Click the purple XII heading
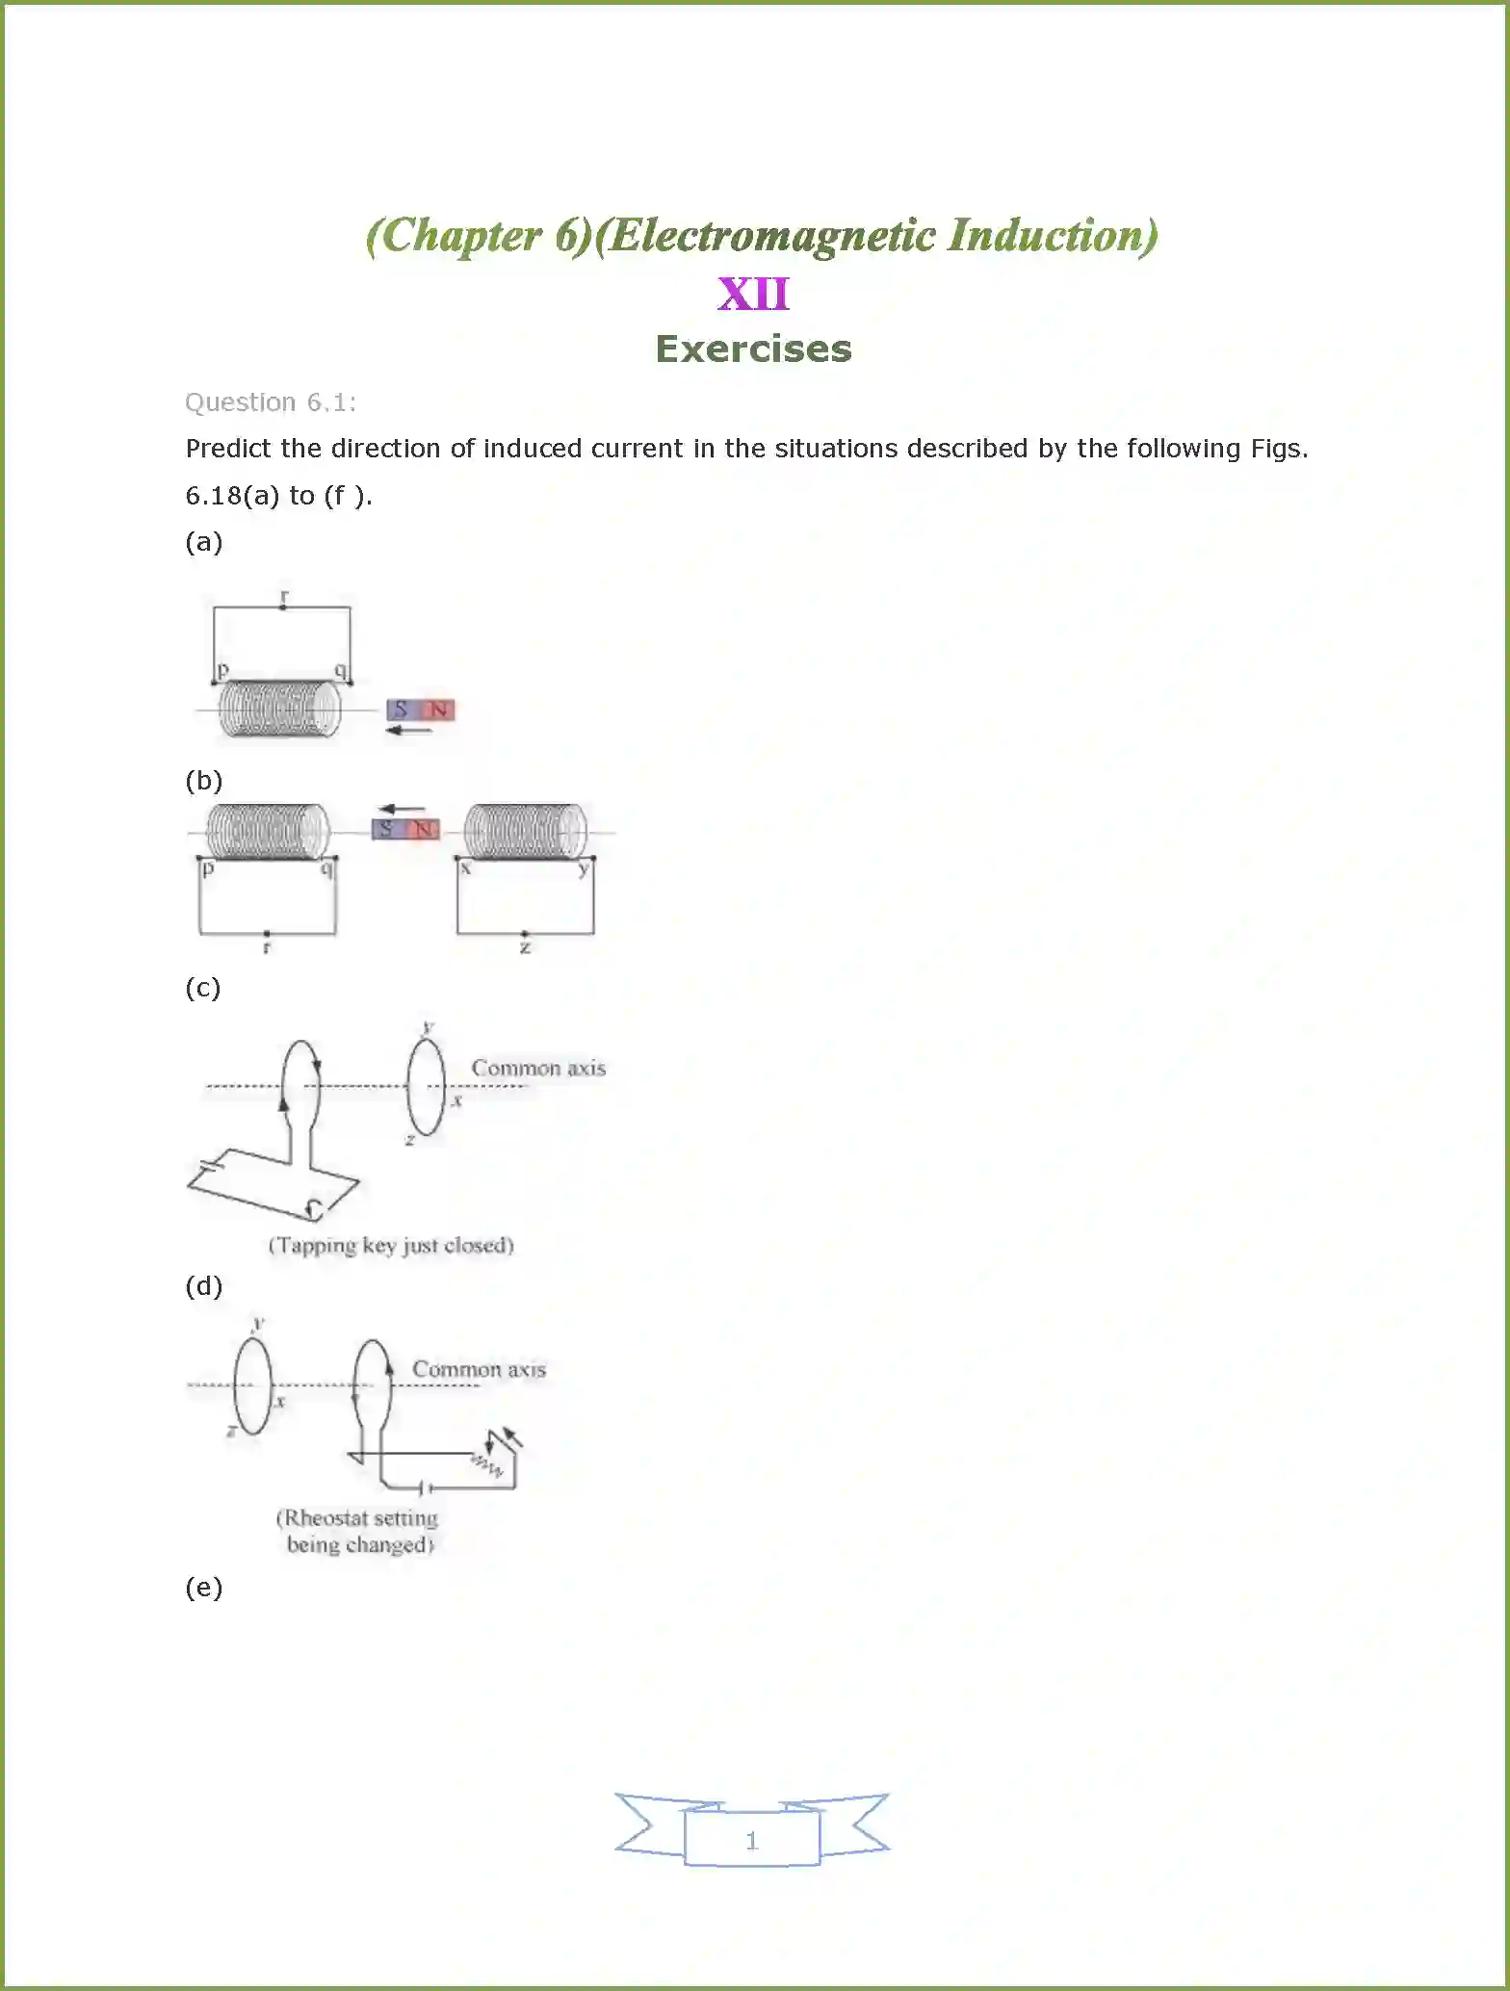pos(753,294)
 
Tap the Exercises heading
pos(753,349)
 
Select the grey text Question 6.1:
pos(270,402)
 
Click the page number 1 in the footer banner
pos(752,1841)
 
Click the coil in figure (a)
pos(280,710)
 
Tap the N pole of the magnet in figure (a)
pos(438,711)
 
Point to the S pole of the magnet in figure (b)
pos(386,829)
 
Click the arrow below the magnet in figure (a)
pos(408,731)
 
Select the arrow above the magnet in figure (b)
pos(402,809)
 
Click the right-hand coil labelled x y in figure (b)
pos(525,831)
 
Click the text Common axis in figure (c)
pos(538,1068)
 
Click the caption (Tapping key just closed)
pos(391,1245)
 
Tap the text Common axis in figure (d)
pos(479,1369)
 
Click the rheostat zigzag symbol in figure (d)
pos(486,1465)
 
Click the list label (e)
pos(203,1587)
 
